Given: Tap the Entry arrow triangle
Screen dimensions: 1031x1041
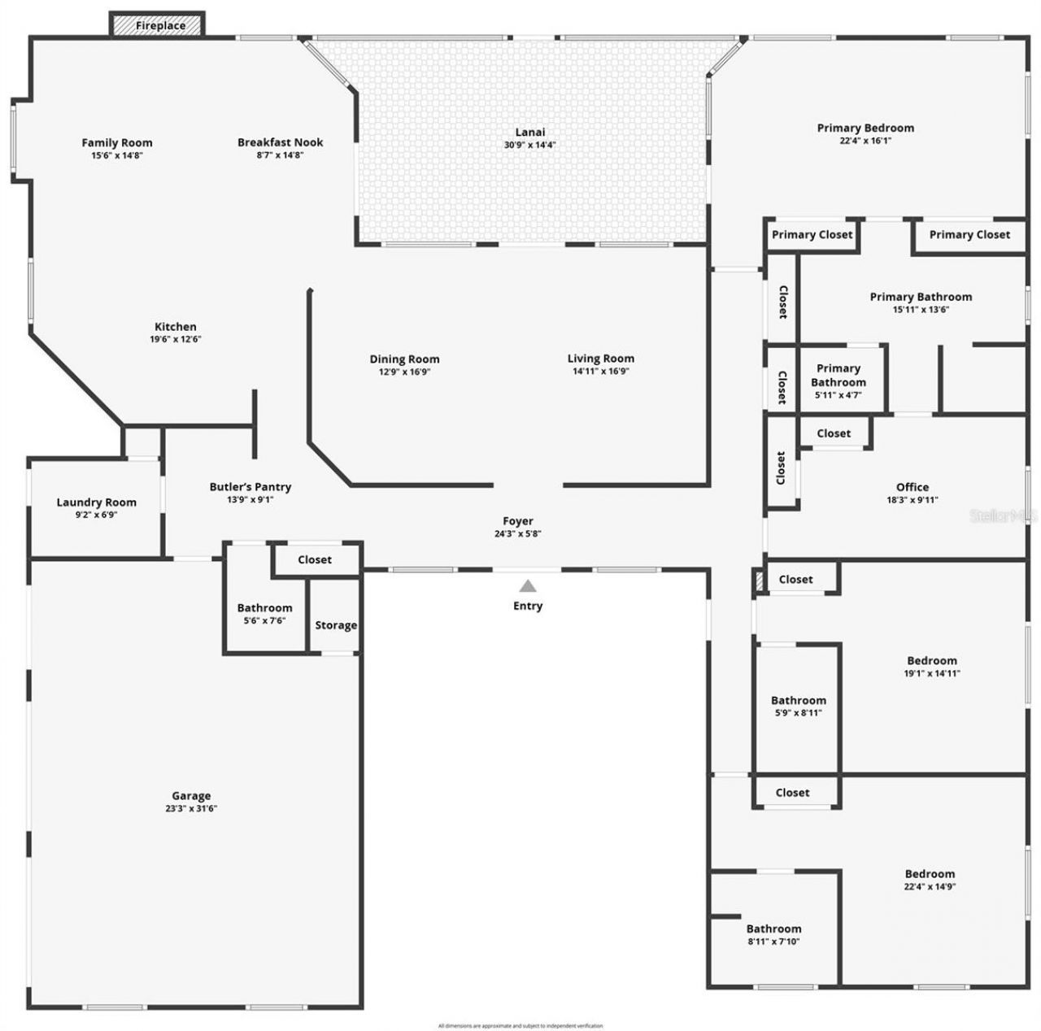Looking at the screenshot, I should pyautogui.click(x=528, y=585).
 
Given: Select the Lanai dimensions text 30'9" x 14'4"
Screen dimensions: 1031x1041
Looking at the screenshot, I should pyautogui.click(x=529, y=146).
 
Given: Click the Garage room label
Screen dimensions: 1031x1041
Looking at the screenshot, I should pyautogui.click(x=191, y=796).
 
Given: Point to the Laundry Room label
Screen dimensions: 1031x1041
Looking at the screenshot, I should pyautogui.click(x=96, y=502).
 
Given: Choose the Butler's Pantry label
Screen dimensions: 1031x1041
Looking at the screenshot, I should pyautogui.click(x=250, y=487).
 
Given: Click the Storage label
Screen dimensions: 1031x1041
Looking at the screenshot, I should pyautogui.click(x=336, y=625).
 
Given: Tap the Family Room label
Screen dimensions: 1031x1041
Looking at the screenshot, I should pyautogui.click(x=117, y=143).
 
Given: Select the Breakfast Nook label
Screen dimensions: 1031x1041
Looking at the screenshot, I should pyautogui.click(x=281, y=142).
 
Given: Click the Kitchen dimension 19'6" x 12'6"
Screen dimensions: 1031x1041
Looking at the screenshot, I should pyautogui.click(x=176, y=340).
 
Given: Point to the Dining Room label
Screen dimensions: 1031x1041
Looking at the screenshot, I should pyautogui.click(x=404, y=359).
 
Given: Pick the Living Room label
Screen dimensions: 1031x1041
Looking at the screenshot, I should pyautogui.click(x=601, y=359).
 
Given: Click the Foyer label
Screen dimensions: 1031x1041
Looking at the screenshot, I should pyautogui.click(x=518, y=521).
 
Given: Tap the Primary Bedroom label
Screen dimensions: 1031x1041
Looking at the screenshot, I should pyautogui.click(x=865, y=128).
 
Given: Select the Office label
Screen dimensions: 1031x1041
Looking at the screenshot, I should pyautogui.click(x=913, y=487).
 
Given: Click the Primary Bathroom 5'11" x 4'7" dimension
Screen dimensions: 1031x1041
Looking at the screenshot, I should pyautogui.click(x=838, y=395).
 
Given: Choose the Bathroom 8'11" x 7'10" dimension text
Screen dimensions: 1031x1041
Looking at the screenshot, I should pyautogui.click(x=773, y=942).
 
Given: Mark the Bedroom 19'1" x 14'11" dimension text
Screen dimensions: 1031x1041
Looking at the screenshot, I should pyautogui.click(x=932, y=673).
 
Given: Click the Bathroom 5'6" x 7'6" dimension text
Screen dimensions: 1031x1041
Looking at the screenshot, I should pyautogui.click(x=264, y=620).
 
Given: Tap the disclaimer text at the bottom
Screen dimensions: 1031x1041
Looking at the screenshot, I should pyautogui.click(x=520, y=1026).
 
